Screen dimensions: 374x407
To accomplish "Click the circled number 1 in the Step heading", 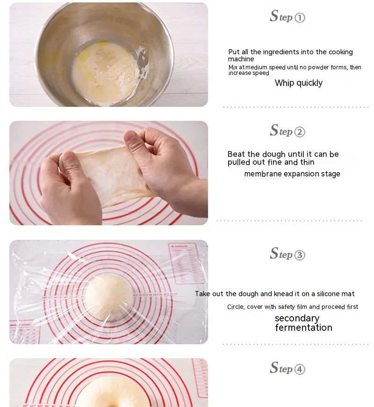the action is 300,18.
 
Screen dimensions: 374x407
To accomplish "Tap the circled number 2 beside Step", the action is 300,132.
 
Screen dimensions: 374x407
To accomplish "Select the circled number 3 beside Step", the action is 300,255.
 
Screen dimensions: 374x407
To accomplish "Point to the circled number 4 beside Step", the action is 300,369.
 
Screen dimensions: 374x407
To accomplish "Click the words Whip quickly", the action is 299,83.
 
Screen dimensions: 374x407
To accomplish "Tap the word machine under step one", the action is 241,59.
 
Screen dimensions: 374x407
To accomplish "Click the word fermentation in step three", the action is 304,327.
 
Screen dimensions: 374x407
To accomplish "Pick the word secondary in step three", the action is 297,318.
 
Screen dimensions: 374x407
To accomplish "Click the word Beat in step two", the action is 236,154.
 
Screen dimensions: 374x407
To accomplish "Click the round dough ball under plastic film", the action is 109,297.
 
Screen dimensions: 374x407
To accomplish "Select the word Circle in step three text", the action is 236,307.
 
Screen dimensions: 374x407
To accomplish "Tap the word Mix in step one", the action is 233,67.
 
